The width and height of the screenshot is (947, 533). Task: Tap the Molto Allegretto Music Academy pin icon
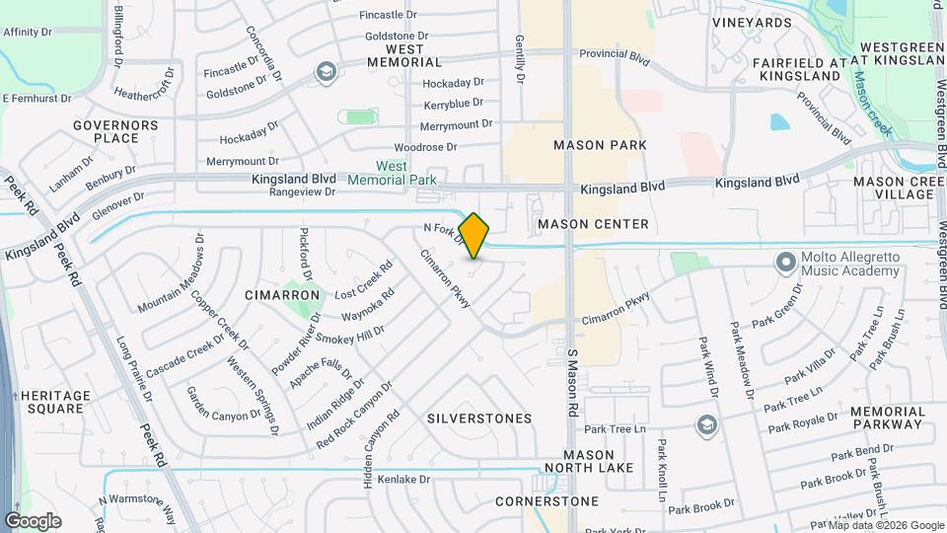[785, 263]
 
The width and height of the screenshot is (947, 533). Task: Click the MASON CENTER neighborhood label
[593, 224]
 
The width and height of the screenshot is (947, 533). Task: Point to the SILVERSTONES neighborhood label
[479, 419]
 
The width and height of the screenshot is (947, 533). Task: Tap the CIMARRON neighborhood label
[284, 295]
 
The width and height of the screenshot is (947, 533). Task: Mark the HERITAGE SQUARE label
[55, 402]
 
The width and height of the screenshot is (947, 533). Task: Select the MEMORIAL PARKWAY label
[886, 418]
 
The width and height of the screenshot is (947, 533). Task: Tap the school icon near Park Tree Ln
[706, 424]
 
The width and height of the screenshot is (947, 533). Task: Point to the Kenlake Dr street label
[404, 480]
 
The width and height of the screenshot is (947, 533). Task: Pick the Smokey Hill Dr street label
[356, 336]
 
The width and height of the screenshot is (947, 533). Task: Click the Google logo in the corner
[33, 520]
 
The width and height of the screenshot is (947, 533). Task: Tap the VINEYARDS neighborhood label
[752, 22]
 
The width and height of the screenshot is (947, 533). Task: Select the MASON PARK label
[600, 145]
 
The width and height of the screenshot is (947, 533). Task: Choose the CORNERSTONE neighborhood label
[546, 501]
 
